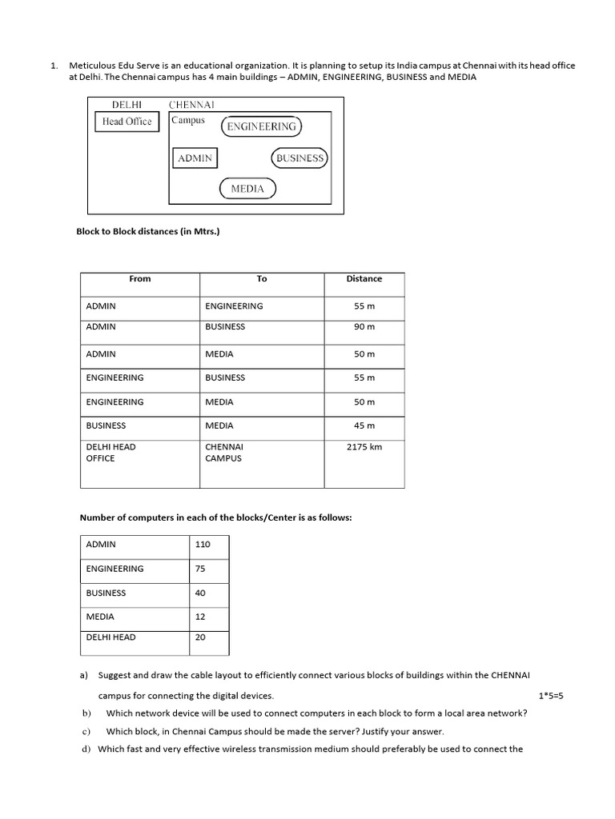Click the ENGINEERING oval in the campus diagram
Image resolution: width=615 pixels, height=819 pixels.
[261, 126]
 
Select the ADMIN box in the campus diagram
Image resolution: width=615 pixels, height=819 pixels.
[195, 158]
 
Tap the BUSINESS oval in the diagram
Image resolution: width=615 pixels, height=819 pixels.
[299, 158]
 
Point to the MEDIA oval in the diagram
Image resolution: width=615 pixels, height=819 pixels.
[247, 189]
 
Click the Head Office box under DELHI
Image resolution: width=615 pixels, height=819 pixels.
[127, 122]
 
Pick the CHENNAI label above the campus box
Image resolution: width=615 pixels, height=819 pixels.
[191, 104]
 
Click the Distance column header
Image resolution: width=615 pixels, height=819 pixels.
[364, 278]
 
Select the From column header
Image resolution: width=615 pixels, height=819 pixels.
[139, 278]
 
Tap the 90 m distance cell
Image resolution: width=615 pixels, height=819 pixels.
[364, 326]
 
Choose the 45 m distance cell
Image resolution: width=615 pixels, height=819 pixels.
[364, 426]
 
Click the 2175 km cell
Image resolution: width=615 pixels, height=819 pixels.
[364, 447]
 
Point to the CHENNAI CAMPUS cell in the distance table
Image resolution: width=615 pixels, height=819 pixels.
[223, 453]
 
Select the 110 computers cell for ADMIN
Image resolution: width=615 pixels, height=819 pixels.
[203, 544]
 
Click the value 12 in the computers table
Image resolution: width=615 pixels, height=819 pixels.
[199, 617]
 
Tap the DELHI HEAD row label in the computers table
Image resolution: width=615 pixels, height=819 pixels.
[111, 637]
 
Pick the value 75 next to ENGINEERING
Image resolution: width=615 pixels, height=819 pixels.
[200, 569]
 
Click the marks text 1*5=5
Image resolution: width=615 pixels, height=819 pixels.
[551, 696]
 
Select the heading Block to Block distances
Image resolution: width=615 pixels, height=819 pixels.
[147, 231]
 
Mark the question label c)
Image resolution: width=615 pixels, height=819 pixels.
[86, 731]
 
